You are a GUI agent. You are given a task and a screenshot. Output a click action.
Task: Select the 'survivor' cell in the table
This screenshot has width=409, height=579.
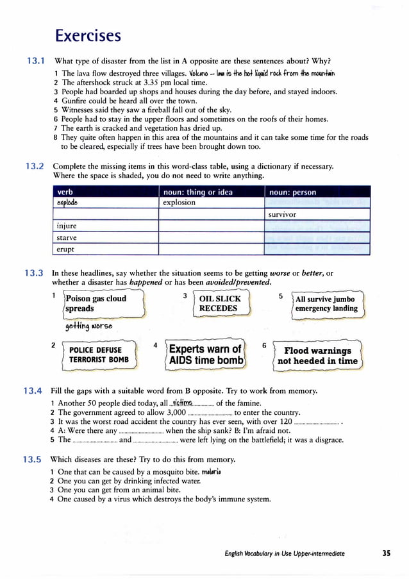tap(282, 214)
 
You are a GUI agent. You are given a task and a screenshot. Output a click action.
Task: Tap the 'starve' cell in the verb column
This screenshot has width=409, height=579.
tap(67, 237)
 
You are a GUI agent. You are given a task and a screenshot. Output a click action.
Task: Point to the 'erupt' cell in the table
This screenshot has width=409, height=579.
tap(65, 249)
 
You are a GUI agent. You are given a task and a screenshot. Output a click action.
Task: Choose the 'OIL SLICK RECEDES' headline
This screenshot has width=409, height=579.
tap(220, 303)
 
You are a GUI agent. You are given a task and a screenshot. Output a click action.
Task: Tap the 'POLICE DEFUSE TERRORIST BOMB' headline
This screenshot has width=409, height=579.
tap(99, 355)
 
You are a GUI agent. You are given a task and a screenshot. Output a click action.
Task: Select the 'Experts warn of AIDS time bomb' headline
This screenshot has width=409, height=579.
tap(206, 355)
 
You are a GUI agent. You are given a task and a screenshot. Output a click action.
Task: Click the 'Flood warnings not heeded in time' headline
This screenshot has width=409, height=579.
tap(317, 355)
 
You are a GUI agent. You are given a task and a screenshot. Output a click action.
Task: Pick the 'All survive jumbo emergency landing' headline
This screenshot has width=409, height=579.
tap(326, 303)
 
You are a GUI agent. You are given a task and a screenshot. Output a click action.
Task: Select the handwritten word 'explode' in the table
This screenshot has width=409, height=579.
tap(69, 203)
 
